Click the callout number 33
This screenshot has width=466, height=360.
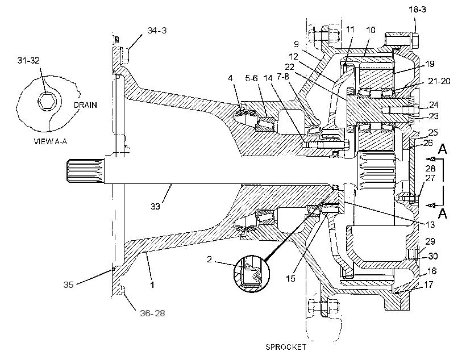[x=155, y=206]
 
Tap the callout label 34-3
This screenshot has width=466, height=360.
[x=157, y=30]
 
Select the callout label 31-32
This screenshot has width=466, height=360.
[x=28, y=60]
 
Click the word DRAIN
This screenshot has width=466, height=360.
[x=85, y=105]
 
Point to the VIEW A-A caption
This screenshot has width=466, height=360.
[x=50, y=141]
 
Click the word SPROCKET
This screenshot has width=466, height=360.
[x=286, y=346]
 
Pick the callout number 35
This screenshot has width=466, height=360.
[x=68, y=284]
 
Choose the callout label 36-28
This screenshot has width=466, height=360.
[x=152, y=313]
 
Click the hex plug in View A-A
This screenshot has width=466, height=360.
[x=47, y=101]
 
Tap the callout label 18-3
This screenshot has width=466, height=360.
[x=417, y=10]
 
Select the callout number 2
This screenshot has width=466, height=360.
[x=209, y=259]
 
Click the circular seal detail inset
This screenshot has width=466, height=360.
[x=252, y=274]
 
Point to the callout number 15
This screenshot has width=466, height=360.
[x=290, y=278]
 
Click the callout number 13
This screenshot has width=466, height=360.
[x=430, y=224]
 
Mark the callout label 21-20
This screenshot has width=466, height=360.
[x=439, y=81]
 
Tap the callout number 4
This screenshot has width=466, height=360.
[x=230, y=78]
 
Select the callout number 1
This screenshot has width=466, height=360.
[x=152, y=285]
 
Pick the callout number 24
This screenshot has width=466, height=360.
[x=434, y=104]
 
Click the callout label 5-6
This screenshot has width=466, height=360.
[x=251, y=78]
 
